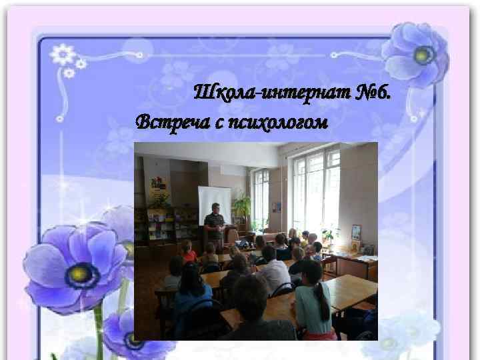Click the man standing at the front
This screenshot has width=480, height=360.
point(214,223)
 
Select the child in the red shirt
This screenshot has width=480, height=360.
point(189,251)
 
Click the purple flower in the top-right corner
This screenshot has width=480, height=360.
point(418,53)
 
